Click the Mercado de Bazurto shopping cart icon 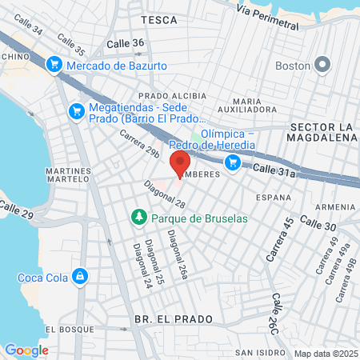point(54,63)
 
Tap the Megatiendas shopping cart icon point(77,110)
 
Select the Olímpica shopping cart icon point(233,163)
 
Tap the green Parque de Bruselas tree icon point(138,218)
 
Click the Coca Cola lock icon point(79,278)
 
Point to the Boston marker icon point(323,64)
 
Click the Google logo point(26,350)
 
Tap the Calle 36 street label point(126,43)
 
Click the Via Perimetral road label point(271,18)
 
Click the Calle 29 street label point(17,212)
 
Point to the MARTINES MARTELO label point(68,175)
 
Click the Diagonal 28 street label point(164,194)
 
